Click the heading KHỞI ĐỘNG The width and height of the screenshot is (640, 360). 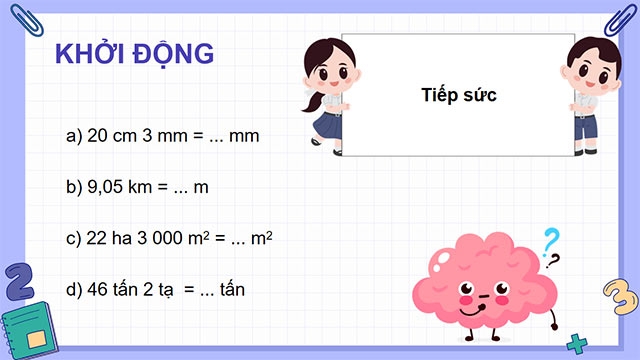(133, 55)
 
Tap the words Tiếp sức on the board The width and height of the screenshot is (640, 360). (459, 95)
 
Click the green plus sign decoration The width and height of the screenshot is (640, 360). (576, 345)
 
